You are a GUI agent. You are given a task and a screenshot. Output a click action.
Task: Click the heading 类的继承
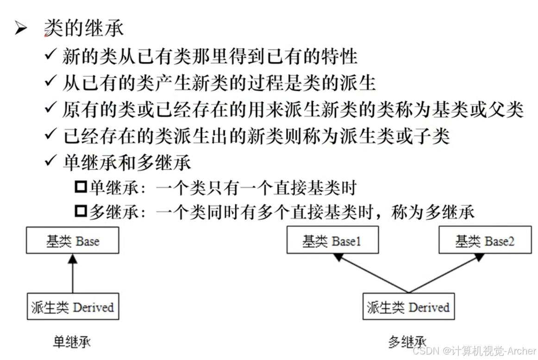pos(84,29)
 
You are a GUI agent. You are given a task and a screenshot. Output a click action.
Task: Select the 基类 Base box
pos(72,241)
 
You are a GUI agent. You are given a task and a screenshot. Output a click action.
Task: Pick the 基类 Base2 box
pos(484,241)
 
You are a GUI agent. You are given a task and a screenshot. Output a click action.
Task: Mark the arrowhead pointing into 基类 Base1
pos(338,257)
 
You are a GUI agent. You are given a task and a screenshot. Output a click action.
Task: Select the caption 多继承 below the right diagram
pos(407,342)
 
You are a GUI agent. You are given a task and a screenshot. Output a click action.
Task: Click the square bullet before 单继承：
pos(81,188)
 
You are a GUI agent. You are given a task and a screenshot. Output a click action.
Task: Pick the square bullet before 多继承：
pos(81,211)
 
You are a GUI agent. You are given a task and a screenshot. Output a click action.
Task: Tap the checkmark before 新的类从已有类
pos(50,56)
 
